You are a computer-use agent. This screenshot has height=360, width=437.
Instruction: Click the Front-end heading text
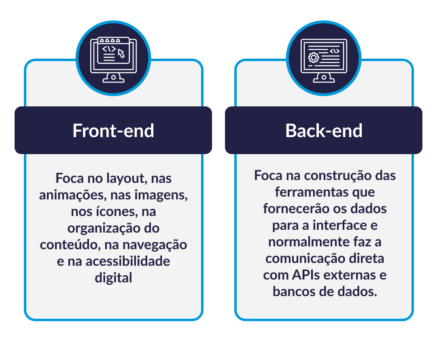[113, 131]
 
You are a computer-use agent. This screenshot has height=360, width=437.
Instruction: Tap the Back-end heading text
[324, 131]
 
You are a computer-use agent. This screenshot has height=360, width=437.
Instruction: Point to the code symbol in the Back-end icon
[334, 51]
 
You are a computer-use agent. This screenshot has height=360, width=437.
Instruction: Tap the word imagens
[165, 195]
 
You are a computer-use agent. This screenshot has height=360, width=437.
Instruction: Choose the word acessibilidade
[128, 261]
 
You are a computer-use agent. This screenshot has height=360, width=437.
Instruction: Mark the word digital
[113, 278]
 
